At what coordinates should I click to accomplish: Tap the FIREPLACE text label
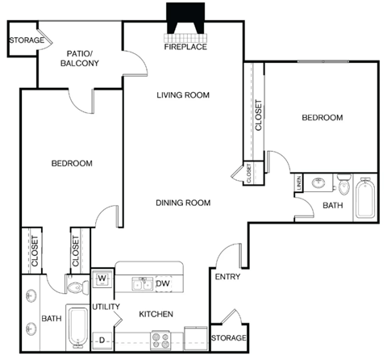pos(186,47)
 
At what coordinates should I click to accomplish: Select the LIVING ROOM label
pos(183,94)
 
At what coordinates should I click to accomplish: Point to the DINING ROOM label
pos(183,203)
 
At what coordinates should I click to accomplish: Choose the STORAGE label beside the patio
pos(26,40)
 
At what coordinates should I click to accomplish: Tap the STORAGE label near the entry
pos(227,337)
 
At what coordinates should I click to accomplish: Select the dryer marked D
pos(102,340)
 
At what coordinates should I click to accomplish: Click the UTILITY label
pos(106,307)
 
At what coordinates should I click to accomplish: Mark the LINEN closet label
pos(298,185)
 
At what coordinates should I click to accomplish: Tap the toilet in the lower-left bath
pos(75,286)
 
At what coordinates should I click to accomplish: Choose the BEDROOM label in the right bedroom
pos(322,118)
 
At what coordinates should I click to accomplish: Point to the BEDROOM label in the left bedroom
pos(72,163)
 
